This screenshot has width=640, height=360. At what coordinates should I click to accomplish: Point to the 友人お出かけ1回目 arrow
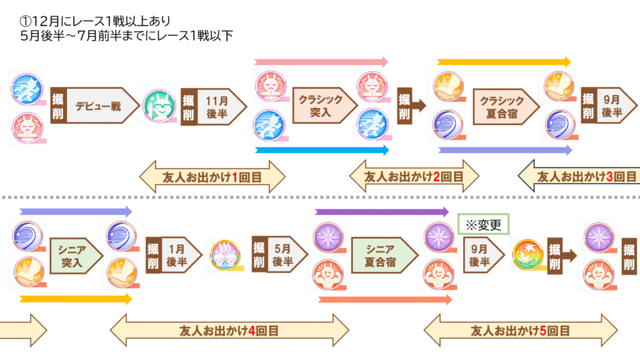212,177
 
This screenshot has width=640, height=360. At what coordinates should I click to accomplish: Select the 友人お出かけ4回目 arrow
229,329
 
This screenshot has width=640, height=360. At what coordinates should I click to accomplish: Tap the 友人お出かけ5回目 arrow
521,329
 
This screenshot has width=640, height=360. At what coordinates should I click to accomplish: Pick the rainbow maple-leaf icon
526,256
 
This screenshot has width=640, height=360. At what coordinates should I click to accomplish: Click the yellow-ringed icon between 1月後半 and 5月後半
226,255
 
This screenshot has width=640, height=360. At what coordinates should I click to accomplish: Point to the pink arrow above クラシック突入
321,62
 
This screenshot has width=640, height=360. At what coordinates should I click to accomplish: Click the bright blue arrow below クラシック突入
321,150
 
